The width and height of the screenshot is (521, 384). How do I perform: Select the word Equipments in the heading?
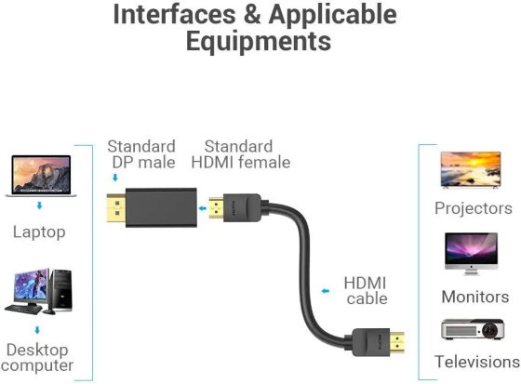click(259, 42)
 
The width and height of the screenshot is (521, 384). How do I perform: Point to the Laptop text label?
click(39, 231)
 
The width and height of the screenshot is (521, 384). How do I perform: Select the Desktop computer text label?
click(39, 357)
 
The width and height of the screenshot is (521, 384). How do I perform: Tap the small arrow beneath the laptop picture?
click(39, 205)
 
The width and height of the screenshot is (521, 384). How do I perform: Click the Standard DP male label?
click(140, 154)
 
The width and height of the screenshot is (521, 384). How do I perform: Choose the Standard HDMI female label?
click(240, 154)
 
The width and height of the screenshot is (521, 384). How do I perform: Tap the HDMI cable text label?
click(366, 290)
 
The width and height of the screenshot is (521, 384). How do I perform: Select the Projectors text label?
click(474, 208)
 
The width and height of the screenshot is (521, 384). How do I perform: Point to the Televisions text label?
click(476, 362)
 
